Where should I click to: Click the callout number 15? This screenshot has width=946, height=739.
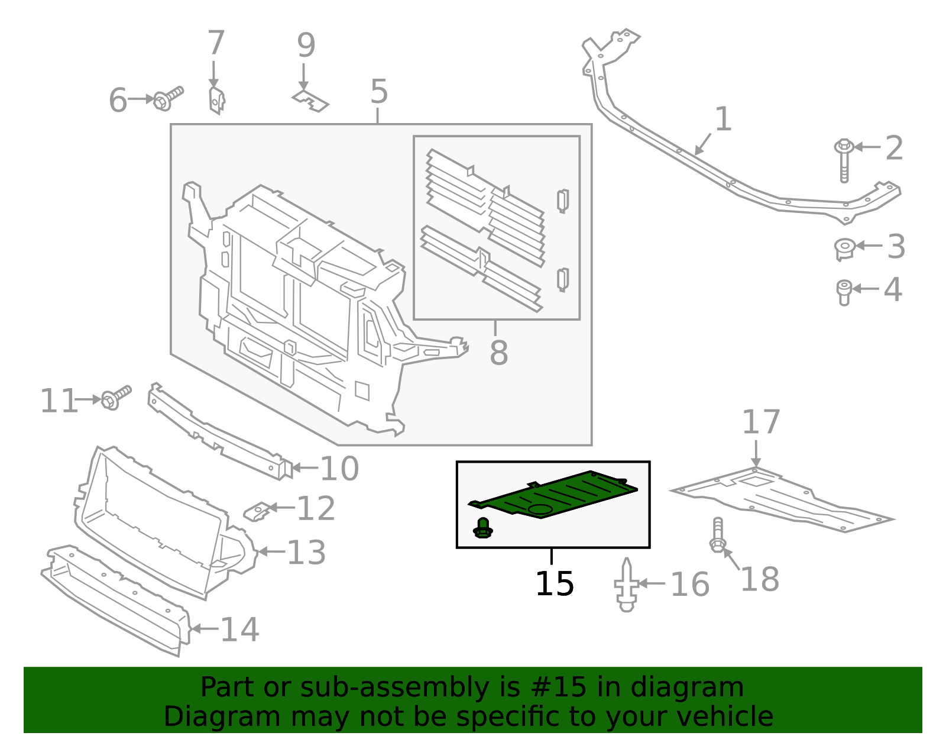coord(554,584)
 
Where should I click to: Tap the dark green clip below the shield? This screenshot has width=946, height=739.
coord(483,528)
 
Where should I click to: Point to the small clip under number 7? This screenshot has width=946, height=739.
coord(217,100)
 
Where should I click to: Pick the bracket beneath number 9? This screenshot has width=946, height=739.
coord(310,101)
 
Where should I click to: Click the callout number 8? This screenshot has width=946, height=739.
coord(498,353)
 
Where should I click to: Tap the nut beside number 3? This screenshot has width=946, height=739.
coord(844,248)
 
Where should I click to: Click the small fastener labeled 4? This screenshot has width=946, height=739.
coord(844,292)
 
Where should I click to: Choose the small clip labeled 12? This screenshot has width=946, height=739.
coord(258,511)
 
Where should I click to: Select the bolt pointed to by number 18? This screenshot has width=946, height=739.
coord(717,535)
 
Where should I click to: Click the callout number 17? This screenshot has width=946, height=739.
coord(761,422)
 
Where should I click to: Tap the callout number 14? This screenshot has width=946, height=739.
coord(239,629)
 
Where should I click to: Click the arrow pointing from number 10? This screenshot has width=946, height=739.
coord(305,467)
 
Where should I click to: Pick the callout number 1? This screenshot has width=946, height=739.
coord(723,120)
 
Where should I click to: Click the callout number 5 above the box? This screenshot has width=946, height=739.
coord(379,92)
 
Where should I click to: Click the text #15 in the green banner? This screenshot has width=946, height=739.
coord(559,688)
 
